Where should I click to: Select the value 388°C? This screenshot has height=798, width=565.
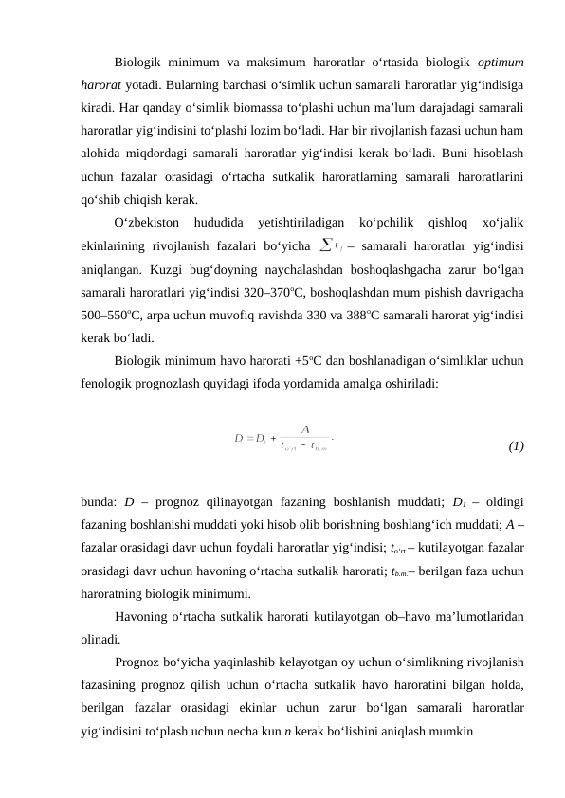coord(381,316)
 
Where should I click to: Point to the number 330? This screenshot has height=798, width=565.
coord(326,316)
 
